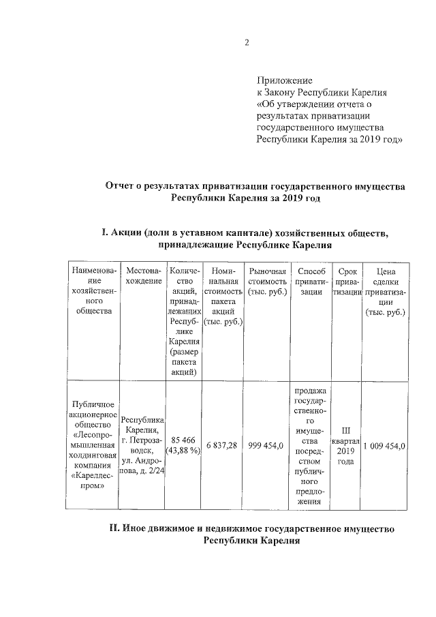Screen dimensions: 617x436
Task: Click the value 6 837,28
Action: tap(223, 445)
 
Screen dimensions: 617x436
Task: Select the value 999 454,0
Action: tap(267, 445)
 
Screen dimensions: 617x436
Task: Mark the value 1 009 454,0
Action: tap(385, 445)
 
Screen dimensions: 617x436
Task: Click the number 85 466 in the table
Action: tap(181, 440)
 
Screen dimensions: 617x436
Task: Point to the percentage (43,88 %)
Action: tap(181, 451)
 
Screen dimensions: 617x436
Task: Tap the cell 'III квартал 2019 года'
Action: tap(347, 445)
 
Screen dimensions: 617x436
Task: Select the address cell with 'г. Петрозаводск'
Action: tap(143, 445)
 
